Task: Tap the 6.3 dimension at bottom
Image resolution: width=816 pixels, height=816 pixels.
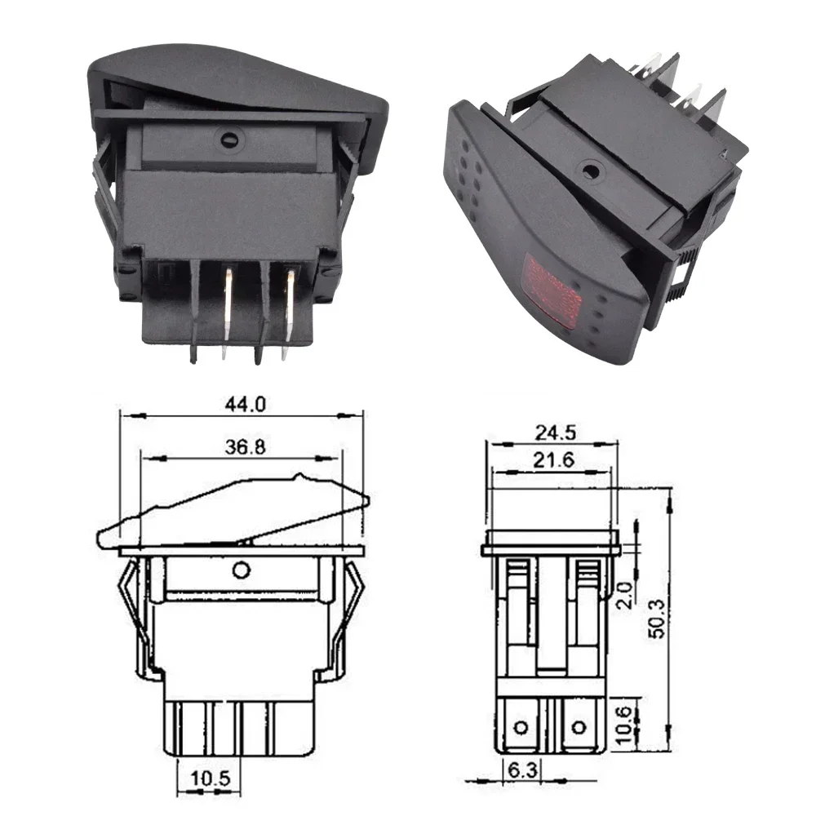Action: click(514, 769)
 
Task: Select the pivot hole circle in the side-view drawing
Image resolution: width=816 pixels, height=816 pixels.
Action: click(240, 570)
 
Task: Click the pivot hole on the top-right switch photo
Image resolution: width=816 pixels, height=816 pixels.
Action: click(587, 171)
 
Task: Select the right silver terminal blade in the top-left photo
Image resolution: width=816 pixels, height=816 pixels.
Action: click(288, 310)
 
